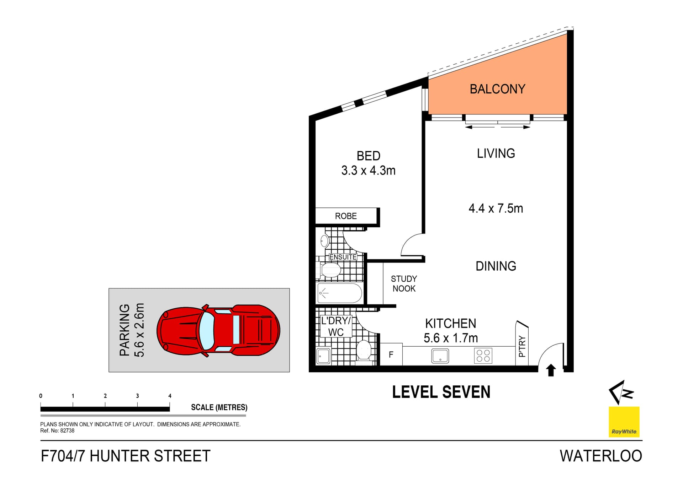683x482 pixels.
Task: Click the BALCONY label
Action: [x=497, y=89]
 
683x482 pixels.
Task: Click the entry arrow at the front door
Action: [x=551, y=370]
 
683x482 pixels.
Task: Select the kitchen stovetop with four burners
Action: [x=483, y=356]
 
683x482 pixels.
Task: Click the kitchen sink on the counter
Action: [x=440, y=356]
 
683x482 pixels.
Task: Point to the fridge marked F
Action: [x=391, y=354]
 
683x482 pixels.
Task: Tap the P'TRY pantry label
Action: [x=522, y=346]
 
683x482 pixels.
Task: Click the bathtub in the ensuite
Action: [x=340, y=293]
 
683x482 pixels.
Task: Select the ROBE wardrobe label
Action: [x=346, y=216]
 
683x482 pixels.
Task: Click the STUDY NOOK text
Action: [x=404, y=284]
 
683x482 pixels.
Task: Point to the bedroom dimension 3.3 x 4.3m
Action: [x=368, y=171]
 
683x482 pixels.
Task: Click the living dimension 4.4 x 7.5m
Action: [x=496, y=208]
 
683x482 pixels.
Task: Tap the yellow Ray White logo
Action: [x=624, y=422]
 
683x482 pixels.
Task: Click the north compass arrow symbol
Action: [x=621, y=392]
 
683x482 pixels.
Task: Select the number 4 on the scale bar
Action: [x=170, y=396]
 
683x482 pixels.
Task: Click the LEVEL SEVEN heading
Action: [x=441, y=392]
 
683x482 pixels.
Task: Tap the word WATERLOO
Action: [x=600, y=456]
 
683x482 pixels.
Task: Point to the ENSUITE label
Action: [x=343, y=257]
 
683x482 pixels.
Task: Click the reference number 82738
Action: [x=67, y=430]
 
